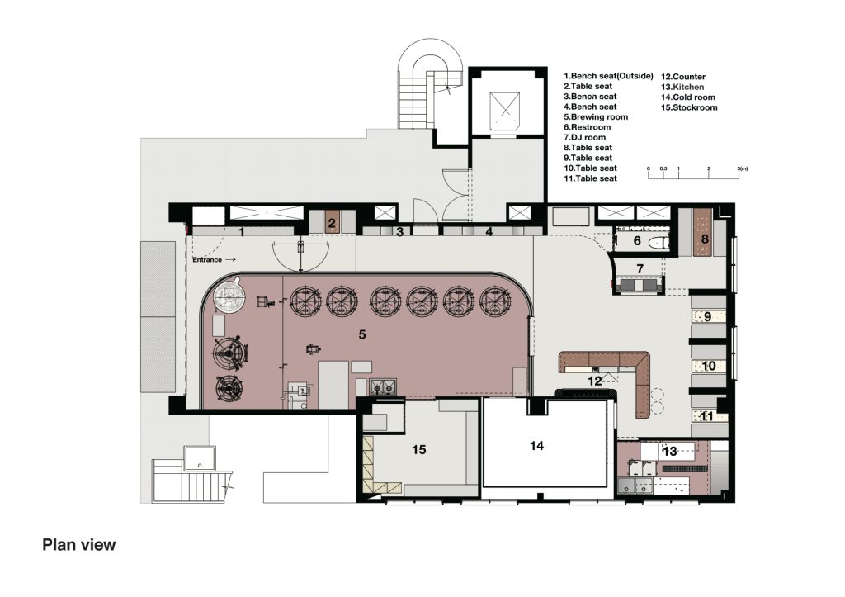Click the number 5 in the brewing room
pos(362,334)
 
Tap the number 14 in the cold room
pos(536,445)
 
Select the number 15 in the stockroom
pos(418,449)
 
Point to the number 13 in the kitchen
pos(670,451)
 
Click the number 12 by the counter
pos(595,381)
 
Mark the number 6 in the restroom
pos(637,240)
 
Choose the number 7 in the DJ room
pos(640,268)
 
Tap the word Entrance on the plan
pos(207,260)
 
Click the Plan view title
pos(78,545)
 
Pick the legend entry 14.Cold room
pos(688,97)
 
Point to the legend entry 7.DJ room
pos(585,138)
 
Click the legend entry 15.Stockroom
pos(689,107)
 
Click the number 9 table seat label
pos(707,316)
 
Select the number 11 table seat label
pos(706,416)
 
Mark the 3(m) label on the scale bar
pos(743,168)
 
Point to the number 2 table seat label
pos(332,223)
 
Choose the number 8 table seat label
pos(705,239)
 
